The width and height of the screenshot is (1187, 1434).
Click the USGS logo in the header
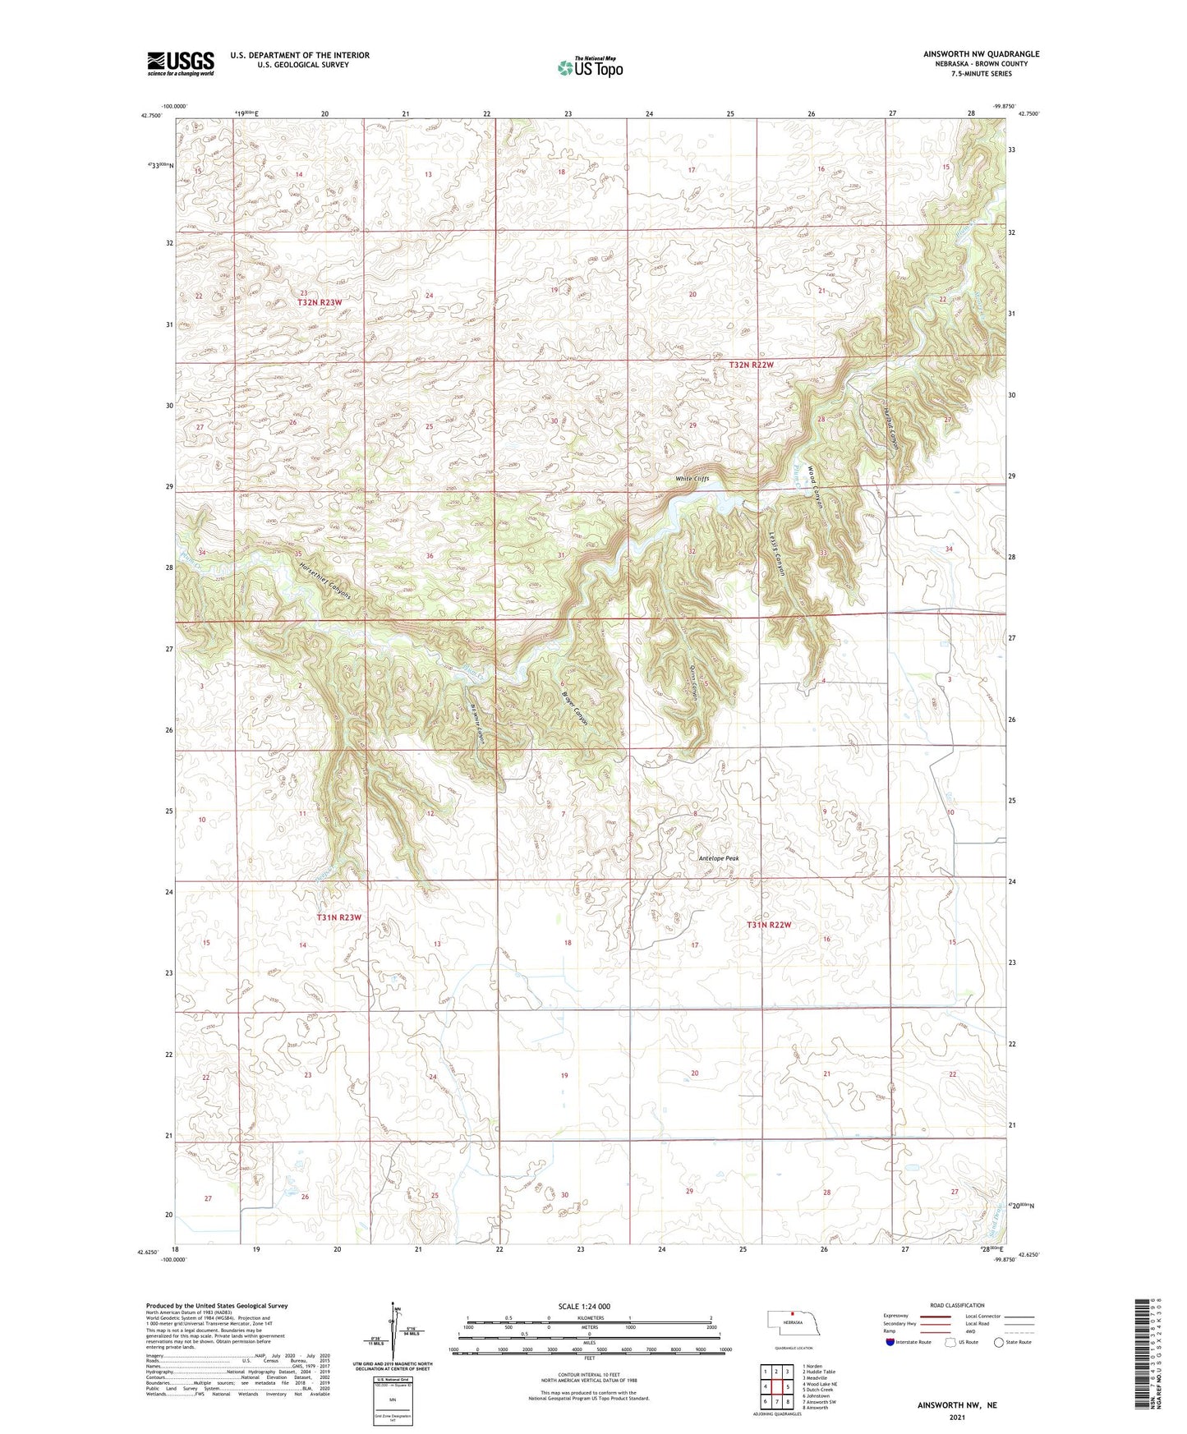click(181, 63)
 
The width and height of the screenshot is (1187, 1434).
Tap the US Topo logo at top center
click(590, 67)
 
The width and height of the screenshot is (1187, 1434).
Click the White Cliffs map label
click(692, 479)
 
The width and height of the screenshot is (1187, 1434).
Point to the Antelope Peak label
click(719, 858)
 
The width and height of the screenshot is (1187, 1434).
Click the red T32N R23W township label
click(319, 302)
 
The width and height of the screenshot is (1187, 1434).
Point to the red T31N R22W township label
click(769, 925)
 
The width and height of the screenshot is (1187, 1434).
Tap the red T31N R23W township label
click(339, 917)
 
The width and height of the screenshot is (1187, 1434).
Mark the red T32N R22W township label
click(752, 364)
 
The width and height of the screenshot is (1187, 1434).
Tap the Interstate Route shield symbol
click(891, 1342)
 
